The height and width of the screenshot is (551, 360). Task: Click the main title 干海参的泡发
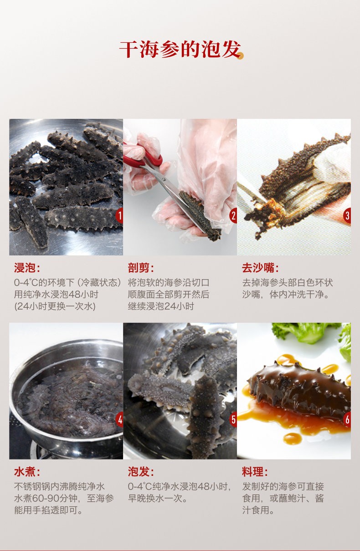pos(179,50)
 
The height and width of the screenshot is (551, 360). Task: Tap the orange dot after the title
pos(241,56)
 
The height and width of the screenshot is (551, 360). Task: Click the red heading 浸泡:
pos(27,268)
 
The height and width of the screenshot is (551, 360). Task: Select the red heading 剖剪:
pos(141,268)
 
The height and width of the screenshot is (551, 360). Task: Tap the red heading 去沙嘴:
pos(260,268)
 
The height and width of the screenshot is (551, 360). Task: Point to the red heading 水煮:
pos(27,472)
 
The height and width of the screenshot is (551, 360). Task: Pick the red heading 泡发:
pos(141,472)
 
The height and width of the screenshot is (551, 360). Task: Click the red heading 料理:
pos(255,472)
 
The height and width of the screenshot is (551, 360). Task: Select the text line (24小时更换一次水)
pos(55,306)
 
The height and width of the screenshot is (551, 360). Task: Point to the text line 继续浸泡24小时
pos(161,306)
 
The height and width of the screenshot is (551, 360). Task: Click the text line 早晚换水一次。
pos(158,499)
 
